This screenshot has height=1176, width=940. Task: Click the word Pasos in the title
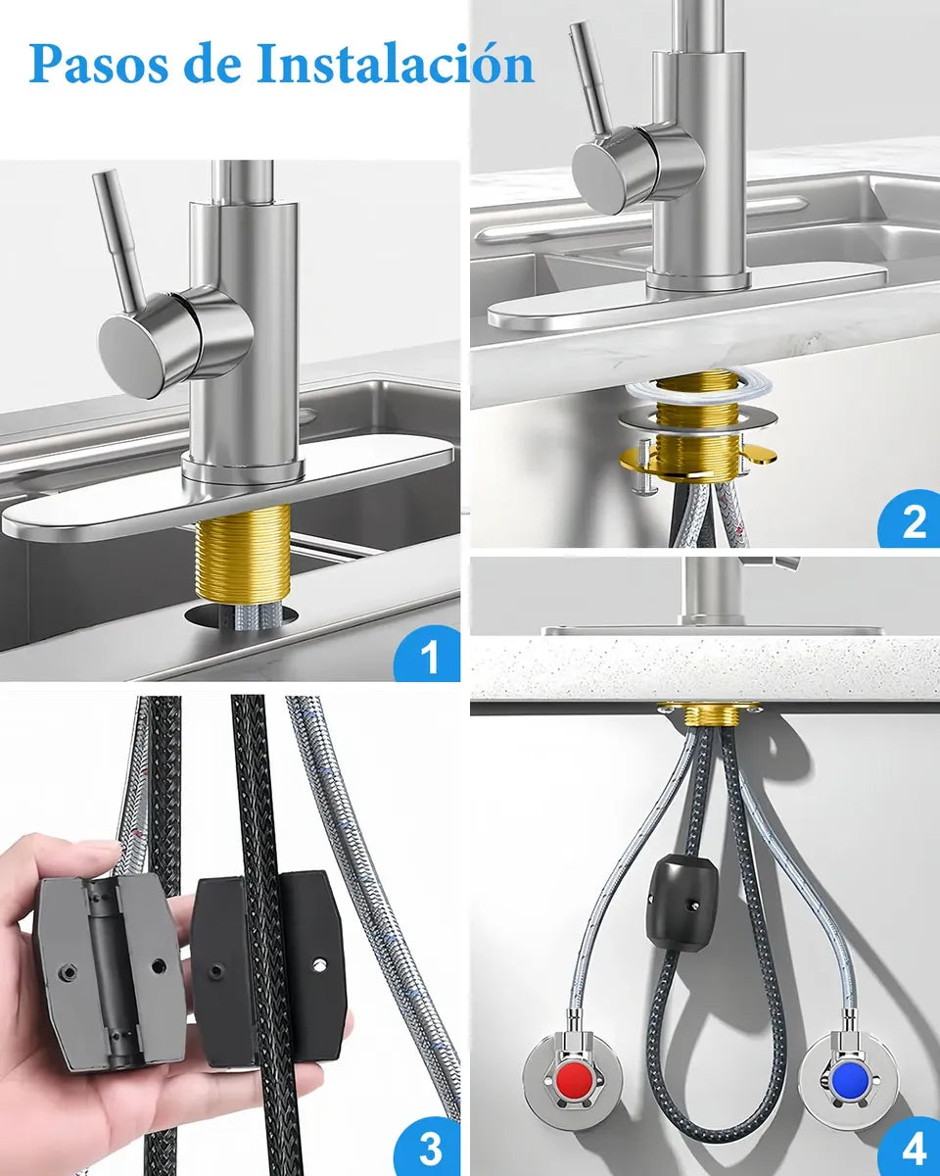tap(98, 63)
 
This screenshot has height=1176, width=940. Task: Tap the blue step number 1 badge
tap(429, 655)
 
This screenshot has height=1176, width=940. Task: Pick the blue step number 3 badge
tap(429, 1147)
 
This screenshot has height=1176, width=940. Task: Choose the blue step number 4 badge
tap(912, 1147)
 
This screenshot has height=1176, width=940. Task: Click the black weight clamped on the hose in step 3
tap(267, 973)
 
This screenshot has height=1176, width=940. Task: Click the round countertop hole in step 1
tap(242, 615)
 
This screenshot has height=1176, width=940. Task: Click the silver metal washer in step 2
tap(698, 420)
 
